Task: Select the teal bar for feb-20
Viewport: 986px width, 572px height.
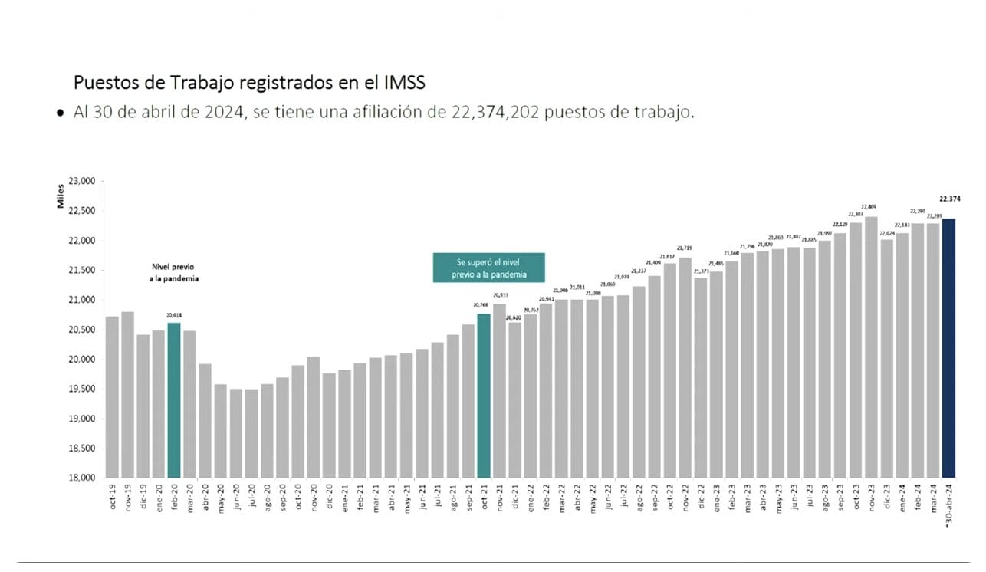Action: tap(174, 399)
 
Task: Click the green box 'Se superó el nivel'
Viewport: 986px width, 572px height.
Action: tap(488, 268)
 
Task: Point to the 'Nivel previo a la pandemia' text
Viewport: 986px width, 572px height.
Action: tap(174, 273)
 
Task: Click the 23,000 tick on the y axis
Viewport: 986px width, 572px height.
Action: tap(81, 182)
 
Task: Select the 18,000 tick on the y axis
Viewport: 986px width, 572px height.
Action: tap(81, 478)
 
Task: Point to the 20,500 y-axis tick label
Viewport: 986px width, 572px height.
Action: tap(81, 330)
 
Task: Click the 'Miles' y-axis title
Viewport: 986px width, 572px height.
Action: tap(60, 197)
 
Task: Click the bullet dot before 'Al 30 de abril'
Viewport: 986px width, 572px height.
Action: tap(61, 113)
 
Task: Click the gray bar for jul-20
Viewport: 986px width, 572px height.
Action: tap(251, 433)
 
